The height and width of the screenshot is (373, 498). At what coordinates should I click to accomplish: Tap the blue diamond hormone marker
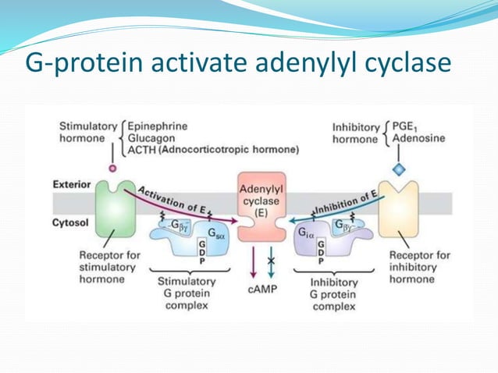[x=399, y=169]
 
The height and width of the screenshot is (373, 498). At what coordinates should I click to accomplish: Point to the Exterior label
[x=72, y=185]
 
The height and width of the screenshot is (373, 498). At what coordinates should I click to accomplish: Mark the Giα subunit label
[x=307, y=232]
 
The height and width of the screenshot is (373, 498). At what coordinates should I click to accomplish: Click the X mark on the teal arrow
[x=271, y=259]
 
